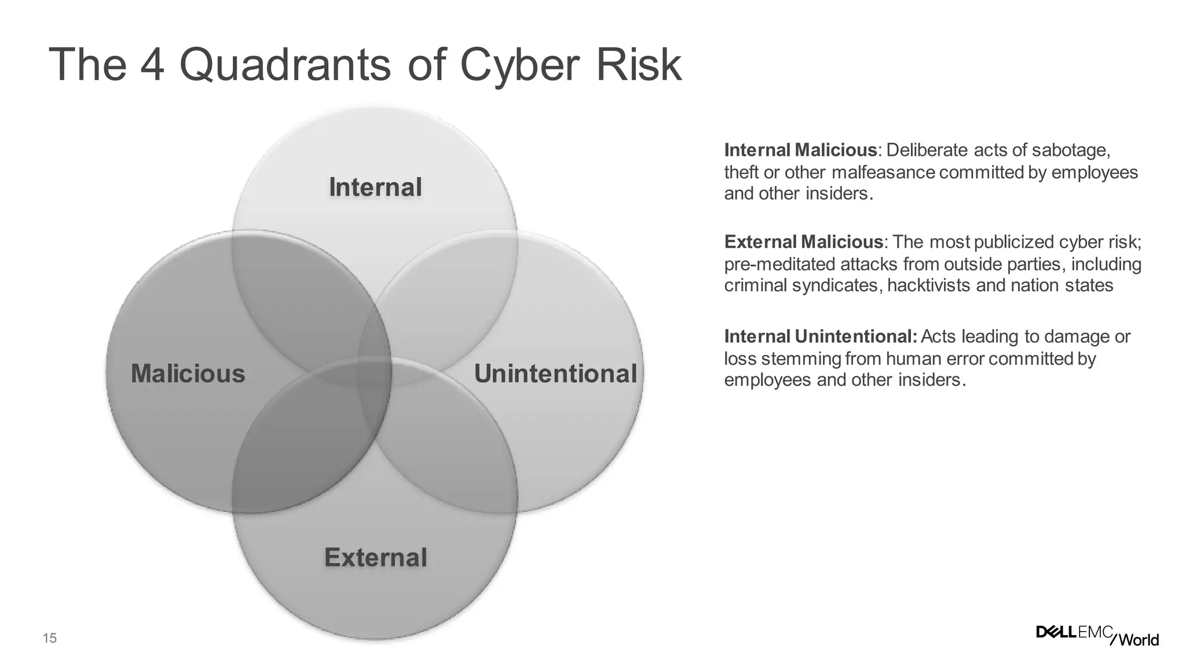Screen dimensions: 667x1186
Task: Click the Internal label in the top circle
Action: [375, 188]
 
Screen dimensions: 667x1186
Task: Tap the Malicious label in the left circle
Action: [188, 373]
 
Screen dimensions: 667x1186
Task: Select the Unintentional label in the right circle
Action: [555, 373]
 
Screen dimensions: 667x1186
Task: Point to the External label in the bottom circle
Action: [375, 558]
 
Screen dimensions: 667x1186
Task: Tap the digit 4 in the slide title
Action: [152, 65]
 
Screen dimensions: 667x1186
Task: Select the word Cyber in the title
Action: [519, 65]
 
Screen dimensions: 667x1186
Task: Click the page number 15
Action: [50, 639]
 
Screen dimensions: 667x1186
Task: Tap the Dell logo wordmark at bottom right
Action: [1056, 632]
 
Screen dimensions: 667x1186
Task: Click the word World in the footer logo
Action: [1139, 640]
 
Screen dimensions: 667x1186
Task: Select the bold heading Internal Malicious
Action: [800, 151]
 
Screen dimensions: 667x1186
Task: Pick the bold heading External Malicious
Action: [804, 242]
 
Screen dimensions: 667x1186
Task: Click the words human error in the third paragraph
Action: [935, 359]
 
